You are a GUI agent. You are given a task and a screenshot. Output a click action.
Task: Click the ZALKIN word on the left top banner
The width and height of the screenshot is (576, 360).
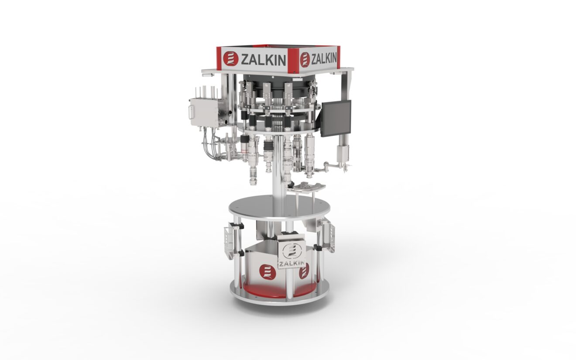tap(263, 59)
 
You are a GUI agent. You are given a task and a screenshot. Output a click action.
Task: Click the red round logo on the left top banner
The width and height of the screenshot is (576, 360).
tap(230, 59)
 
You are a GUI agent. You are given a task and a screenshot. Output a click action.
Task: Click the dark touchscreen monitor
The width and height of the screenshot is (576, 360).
tap(336, 118)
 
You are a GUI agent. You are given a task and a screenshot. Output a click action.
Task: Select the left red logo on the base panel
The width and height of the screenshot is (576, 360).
tap(267, 271)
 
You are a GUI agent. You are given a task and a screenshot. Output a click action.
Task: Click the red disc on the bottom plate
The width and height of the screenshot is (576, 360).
tap(262, 291)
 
